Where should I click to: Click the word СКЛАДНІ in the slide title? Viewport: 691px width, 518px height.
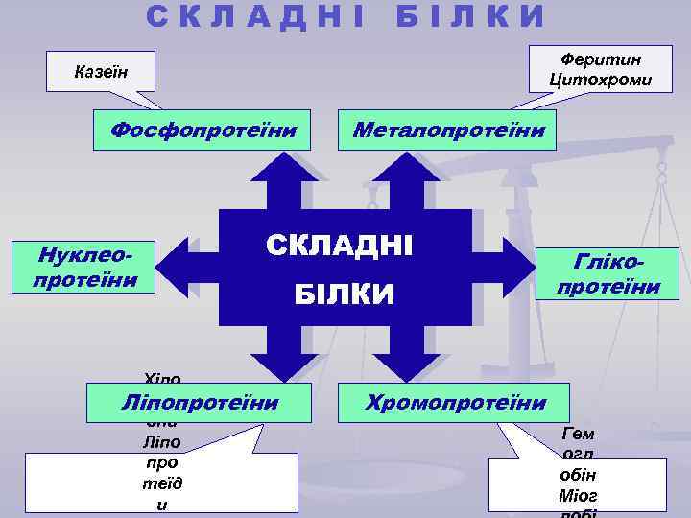point(255,15)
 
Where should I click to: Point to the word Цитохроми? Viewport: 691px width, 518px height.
point(600,80)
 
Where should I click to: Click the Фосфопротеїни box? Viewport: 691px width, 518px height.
point(203,129)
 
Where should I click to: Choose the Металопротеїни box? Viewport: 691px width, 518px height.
point(449,129)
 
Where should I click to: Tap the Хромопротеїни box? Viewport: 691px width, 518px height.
point(455,402)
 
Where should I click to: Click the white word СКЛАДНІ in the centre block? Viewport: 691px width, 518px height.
point(339,245)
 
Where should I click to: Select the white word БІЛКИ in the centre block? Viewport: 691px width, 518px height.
point(344,294)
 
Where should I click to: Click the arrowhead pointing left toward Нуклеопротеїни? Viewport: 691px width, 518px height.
point(173,267)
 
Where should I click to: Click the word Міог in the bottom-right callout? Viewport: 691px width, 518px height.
point(577,495)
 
